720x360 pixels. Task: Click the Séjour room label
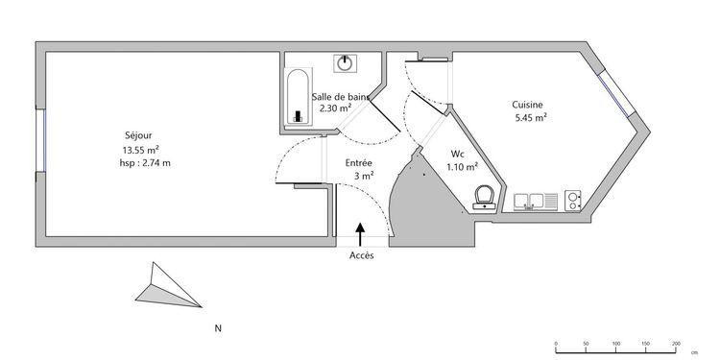click(x=138, y=135)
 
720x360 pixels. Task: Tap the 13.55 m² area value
click(x=140, y=149)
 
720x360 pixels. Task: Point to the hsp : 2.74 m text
click(x=145, y=163)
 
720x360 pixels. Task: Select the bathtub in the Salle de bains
click(x=299, y=97)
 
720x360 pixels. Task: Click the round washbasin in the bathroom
click(x=345, y=63)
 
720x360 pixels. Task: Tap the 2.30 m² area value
click(x=336, y=108)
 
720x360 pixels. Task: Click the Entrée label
click(x=359, y=163)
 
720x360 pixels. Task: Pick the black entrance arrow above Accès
click(x=360, y=234)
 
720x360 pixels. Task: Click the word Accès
click(x=362, y=255)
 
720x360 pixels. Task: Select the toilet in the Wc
click(x=485, y=197)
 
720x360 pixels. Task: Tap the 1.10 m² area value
click(x=463, y=167)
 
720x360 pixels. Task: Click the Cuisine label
click(x=528, y=105)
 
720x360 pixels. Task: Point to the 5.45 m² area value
click(x=531, y=117)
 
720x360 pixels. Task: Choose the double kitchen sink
click(x=536, y=202)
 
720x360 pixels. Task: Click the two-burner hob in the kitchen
click(x=572, y=201)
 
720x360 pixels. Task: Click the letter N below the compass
click(x=218, y=328)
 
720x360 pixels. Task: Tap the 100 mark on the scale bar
click(x=616, y=344)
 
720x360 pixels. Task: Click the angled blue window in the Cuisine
click(x=616, y=95)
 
